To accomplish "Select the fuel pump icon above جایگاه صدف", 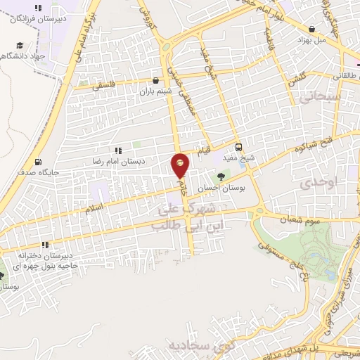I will point(37,161).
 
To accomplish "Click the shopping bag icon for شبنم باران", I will point(156,81).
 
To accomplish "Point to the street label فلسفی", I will point(105,82).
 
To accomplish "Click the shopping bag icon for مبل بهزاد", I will point(311,29).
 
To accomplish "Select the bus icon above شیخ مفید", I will point(239,148).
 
